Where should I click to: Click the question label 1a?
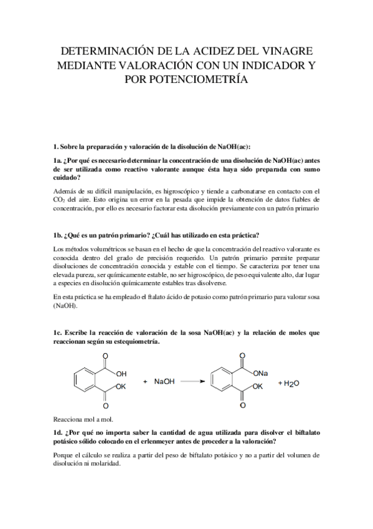[59, 160]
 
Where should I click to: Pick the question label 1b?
[59, 235]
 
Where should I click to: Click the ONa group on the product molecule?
[261, 373]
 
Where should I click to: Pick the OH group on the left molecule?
[121, 373]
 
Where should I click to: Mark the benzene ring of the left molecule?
[83, 380]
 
